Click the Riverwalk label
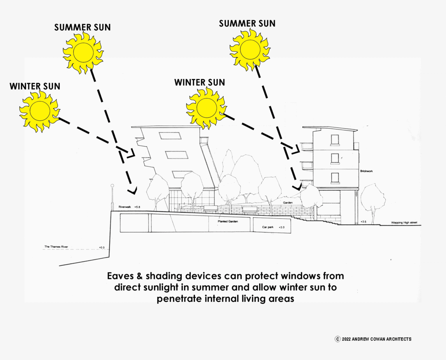coord(125,207)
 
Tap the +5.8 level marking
coord(137,207)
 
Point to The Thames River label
coord(57,247)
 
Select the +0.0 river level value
coord(102,247)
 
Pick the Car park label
coord(268,227)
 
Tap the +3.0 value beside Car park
coord(282,227)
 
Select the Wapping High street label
coord(404,223)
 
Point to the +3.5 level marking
coord(363,222)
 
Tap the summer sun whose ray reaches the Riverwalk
coord(83,52)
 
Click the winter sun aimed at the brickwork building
coord(206,107)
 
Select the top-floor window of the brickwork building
coord(335,140)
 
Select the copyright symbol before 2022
coord(337,339)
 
